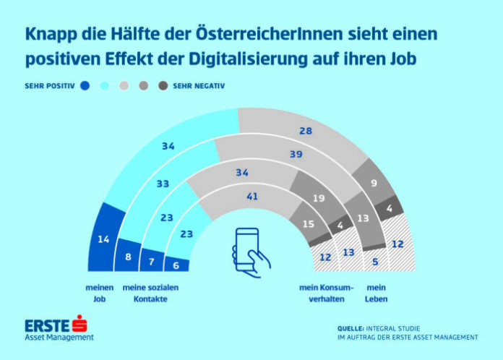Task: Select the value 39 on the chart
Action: [x=294, y=155]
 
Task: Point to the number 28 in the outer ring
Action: [x=306, y=129]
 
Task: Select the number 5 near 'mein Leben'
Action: [x=376, y=263]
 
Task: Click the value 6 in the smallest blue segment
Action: [x=177, y=266]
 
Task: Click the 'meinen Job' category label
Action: [x=102, y=293]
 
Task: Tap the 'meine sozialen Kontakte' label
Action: [x=150, y=293]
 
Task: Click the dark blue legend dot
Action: [x=85, y=85]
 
